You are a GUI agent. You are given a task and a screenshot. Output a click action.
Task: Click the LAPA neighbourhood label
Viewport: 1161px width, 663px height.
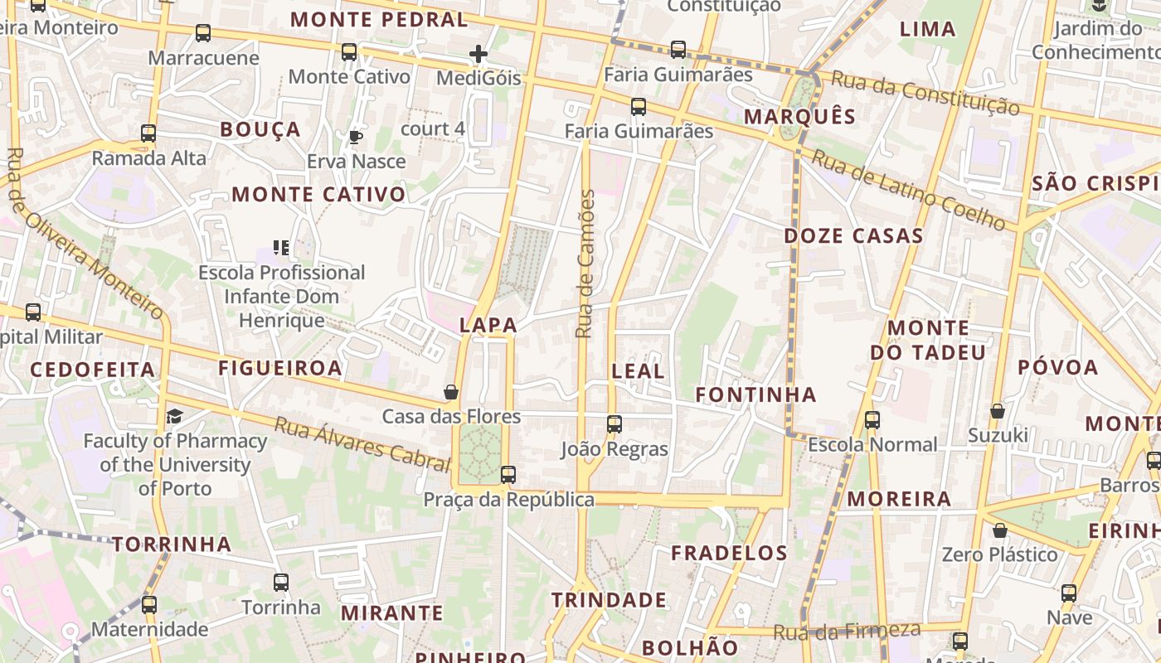[488, 326]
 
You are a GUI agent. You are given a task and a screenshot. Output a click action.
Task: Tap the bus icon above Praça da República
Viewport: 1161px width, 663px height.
[508, 475]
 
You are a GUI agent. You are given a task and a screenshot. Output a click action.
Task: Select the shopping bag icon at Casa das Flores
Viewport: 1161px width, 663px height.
[451, 391]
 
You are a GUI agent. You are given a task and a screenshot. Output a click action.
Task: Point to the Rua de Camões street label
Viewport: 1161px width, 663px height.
[585, 264]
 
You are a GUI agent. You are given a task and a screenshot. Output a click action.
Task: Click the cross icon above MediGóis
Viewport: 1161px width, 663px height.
[478, 55]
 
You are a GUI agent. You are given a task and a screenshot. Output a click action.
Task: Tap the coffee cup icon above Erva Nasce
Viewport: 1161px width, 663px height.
[356, 137]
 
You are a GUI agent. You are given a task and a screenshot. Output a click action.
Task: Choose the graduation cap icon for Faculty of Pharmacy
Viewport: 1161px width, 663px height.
[175, 416]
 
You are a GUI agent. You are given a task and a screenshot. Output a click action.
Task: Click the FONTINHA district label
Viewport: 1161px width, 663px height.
[755, 395]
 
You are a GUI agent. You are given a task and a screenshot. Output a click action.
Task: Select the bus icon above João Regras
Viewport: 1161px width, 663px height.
[615, 424]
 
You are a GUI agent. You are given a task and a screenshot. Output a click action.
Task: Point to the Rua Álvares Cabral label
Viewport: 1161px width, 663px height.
[362, 444]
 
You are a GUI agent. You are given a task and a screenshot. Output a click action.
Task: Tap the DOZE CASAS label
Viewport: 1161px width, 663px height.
[853, 236]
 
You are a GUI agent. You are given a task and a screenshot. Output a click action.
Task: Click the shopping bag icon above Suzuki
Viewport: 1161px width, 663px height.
[998, 411]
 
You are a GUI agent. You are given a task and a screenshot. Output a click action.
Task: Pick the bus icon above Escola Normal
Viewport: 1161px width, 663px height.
[872, 420]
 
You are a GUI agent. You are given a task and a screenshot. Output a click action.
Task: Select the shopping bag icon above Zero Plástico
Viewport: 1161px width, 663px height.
[1000, 530]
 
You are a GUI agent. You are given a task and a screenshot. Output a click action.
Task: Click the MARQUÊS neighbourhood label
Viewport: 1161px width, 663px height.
[799, 117]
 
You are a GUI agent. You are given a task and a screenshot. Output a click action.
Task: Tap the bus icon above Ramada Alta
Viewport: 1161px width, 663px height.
[148, 133]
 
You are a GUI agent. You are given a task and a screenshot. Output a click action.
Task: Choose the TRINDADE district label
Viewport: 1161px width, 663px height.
[609, 600]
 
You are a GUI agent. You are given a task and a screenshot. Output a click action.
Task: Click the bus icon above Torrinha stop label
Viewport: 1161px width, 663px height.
[281, 583]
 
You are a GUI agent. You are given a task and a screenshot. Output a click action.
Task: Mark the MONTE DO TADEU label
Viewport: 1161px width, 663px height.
[928, 340]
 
